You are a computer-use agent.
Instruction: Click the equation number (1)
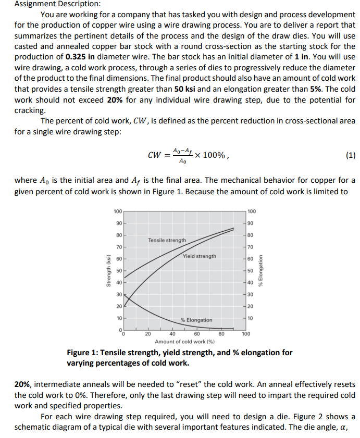pos(350,154)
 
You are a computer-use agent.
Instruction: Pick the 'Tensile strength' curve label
pos(167,240)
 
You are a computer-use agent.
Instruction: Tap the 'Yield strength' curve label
pos(200,256)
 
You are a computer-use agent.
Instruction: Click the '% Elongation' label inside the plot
pos(196,320)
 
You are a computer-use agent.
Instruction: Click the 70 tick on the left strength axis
pos(119,247)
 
